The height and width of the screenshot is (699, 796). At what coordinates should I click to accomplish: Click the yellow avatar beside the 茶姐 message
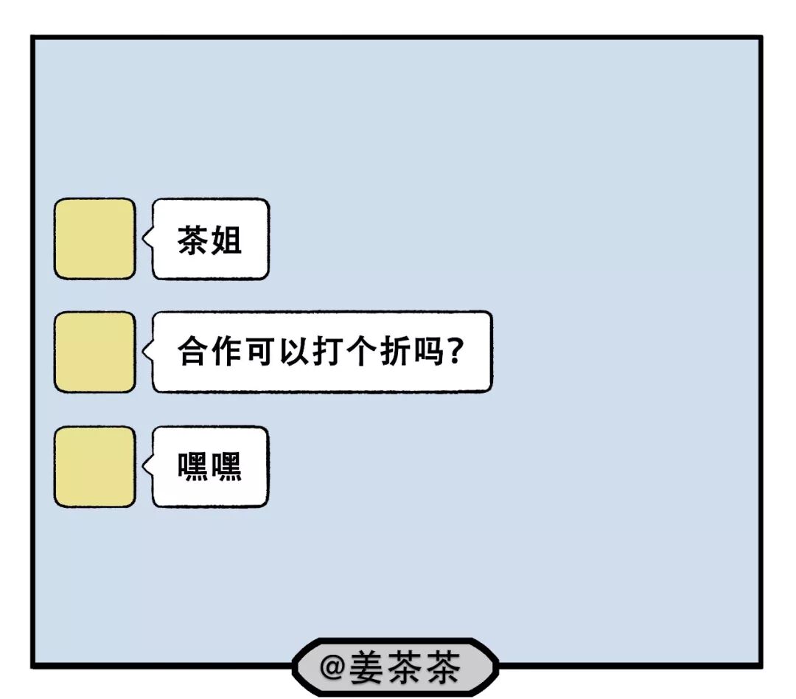click(94, 239)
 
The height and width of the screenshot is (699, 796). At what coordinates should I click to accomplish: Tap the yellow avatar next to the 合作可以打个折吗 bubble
click(94, 352)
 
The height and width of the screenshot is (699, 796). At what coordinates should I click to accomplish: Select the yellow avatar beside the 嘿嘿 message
click(94, 467)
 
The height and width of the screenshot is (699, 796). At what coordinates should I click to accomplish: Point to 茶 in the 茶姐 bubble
click(193, 240)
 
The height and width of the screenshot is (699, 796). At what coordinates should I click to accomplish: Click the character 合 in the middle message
click(194, 352)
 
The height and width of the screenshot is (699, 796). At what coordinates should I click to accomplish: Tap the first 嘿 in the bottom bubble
click(193, 467)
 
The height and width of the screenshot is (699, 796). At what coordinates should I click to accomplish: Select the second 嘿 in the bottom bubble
click(227, 467)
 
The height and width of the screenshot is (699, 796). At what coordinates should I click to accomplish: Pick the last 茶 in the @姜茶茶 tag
click(441, 667)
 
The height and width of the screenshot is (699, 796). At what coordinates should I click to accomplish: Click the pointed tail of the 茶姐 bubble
click(146, 239)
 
